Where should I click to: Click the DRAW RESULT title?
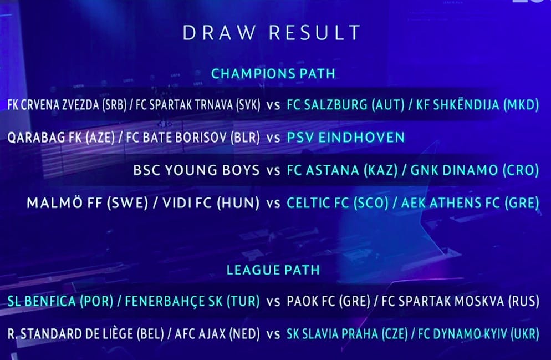pos(271,33)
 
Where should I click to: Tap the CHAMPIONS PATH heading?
pos(273,74)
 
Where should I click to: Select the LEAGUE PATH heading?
pos(273,270)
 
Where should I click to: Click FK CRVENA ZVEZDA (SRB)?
pos(67,105)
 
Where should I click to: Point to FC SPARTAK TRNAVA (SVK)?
pos(198,105)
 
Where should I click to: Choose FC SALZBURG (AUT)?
pos(346,105)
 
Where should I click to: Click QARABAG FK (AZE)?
pos(61,138)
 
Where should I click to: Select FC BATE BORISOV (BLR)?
pos(193,138)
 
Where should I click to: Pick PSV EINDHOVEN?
pos(346,137)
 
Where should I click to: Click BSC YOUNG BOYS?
pos(196,170)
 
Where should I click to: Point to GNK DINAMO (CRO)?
pos(475,170)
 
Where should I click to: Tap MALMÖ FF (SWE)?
pos(88,203)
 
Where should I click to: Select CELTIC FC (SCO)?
pos(338,203)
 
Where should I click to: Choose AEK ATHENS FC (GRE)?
pos(470,203)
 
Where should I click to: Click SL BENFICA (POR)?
pos(60,301)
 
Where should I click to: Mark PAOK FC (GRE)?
pos(329,301)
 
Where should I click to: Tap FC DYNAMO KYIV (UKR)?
pos(478,334)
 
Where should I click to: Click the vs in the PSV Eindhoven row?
pos(273,138)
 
